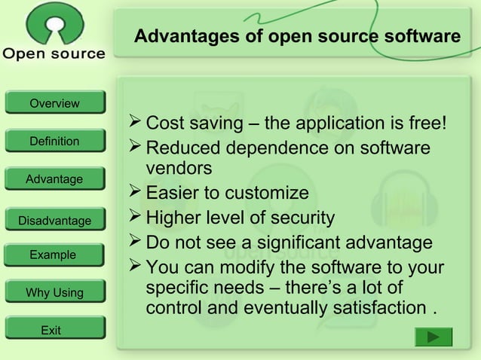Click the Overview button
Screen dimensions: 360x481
pyautogui.click(x=54, y=103)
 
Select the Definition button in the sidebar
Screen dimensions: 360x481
pyautogui.click(x=54, y=141)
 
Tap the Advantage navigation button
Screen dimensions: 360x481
pyautogui.click(x=54, y=179)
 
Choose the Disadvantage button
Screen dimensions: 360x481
pyautogui.click(x=54, y=221)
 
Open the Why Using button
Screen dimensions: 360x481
pyautogui.click(x=54, y=292)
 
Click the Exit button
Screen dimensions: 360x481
pyautogui.click(x=51, y=330)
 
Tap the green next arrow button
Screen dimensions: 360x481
pyautogui.click(x=434, y=337)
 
